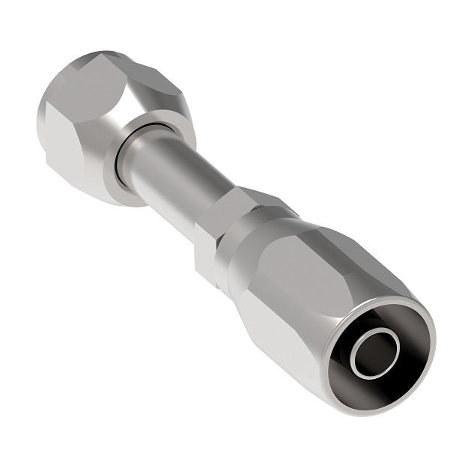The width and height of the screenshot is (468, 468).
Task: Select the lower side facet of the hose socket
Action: tap(285, 337)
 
